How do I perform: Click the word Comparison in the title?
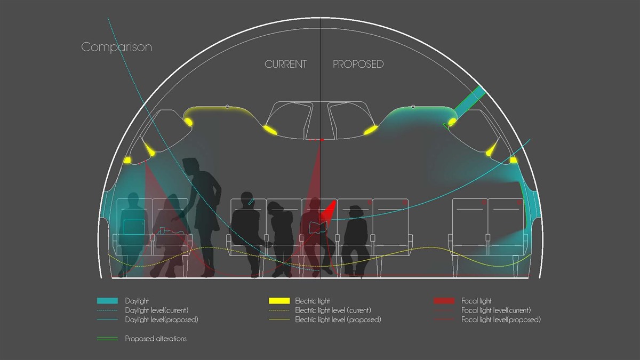(x=117, y=47)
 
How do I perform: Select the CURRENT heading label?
(x=285, y=64)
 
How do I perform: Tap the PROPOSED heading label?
(x=358, y=64)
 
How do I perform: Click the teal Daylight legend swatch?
(x=107, y=301)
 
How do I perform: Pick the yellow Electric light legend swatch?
(x=279, y=301)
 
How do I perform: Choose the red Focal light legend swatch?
(x=444, y=301)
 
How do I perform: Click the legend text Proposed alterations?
(x=156, y=339)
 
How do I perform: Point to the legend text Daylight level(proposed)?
(x=162, y=319)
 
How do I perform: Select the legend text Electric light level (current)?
(x=333, y=310)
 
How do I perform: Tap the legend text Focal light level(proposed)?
(x=501, y=319)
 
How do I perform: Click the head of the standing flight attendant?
(x=190, y=165)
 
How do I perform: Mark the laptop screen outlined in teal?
(x=133, y=227)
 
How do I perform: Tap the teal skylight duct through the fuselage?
(x=470, y=100)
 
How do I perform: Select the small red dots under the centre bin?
(x=316, y=140)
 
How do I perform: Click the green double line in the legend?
(x=107, y=339)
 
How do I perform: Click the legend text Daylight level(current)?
(x=157, y=310)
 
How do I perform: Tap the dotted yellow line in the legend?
(x=279, y=310)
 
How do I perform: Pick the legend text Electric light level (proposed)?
(x=338, y=319)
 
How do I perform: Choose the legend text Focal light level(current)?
(x=496, y=310)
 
